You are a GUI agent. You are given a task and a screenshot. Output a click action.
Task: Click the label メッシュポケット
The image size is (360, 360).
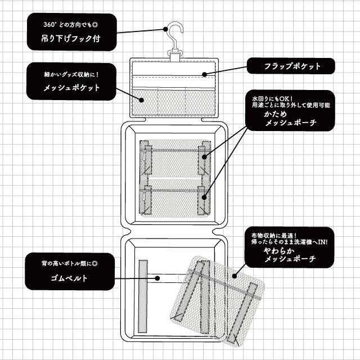pyautogui.click(x=71, y=88)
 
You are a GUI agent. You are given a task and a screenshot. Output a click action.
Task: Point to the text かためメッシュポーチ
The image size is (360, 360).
pyautogui.click(x=291, y=117)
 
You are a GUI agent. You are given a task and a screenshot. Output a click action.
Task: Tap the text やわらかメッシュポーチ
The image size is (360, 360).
pyautogui.click(x=291, y=254)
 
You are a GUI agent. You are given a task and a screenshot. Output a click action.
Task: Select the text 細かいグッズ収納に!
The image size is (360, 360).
pyautogui.click(x=71, y=74)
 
